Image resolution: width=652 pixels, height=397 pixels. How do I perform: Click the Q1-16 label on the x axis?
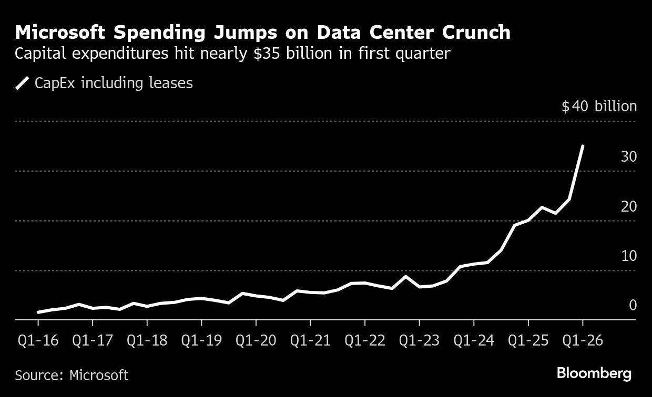pos(38,340)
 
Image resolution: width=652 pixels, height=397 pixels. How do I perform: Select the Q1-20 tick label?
pos(256,340)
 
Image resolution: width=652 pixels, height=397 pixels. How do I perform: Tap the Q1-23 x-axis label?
pos(419,340)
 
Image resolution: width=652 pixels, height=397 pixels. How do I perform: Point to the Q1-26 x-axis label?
pos(582,340)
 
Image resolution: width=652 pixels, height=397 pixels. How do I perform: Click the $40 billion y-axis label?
pos(599,107)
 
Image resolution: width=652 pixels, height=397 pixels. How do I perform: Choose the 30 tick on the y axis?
pos(628,156)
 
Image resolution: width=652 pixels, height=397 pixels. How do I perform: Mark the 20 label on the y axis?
pos(628,206)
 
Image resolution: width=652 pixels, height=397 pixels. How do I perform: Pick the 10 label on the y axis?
pos(628,256)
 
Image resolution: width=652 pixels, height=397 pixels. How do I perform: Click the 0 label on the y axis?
pos(633,305)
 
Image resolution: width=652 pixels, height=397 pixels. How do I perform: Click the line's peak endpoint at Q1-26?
pos(582,147)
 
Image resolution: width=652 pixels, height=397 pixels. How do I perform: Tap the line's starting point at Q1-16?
pos(38,312)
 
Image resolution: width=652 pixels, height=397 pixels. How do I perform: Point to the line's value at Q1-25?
pos(528,220)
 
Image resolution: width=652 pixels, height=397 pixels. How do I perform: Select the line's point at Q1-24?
pos(473,264)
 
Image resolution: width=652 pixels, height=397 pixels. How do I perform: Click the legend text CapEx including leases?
pos(114,83)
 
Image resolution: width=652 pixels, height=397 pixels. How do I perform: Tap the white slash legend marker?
pos(23,83)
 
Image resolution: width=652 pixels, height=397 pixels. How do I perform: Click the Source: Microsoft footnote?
pos(72,375)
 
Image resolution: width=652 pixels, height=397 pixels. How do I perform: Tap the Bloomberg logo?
pos(594,374)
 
